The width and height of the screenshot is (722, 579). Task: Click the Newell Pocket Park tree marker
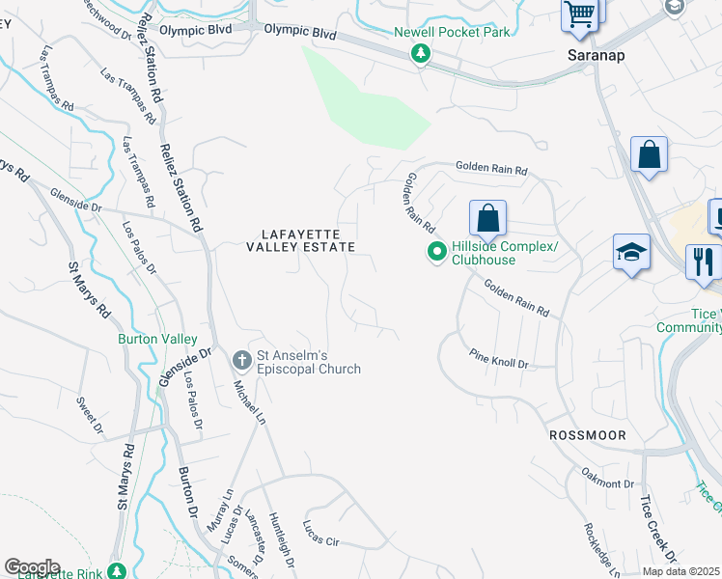pos(420,56)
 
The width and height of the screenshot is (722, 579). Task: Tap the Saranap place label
pos(595,55)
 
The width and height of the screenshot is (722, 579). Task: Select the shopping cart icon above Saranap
pos(579,14)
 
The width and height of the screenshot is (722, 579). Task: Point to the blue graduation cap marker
pos(632,254)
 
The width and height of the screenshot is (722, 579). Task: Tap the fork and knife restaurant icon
pos(703,262)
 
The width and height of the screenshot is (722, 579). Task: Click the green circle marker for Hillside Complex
pos(436,253)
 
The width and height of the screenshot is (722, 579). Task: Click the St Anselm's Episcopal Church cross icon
pos(243,361)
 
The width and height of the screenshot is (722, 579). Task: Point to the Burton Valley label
pos(157,340)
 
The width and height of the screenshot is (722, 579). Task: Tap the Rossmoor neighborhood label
pos(587,436)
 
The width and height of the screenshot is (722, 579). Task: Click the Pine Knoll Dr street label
pos(498,360)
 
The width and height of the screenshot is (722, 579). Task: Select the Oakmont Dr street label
pos(607,477)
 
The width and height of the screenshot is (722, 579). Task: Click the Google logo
pos(32,567)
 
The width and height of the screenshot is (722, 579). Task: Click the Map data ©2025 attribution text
pos(681,571)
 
